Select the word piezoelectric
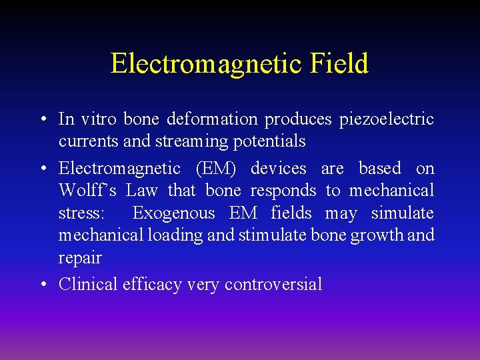387,120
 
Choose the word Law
142,191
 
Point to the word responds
283,191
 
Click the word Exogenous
174,213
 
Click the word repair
80,258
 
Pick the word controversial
273,285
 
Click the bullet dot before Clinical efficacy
43,285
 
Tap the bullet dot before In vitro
43,120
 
